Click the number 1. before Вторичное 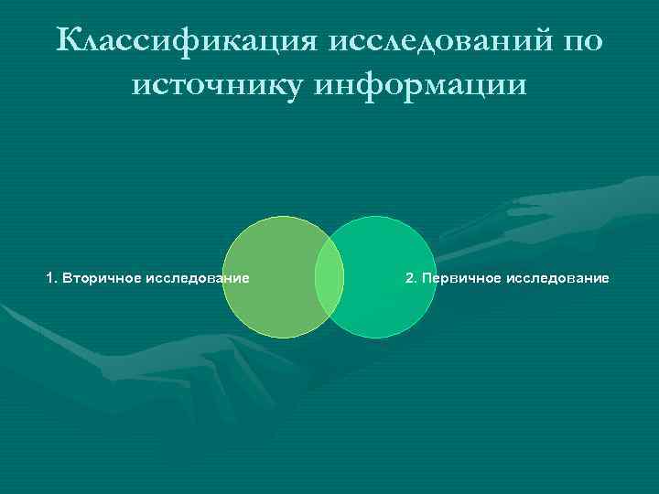[x=51, y=277]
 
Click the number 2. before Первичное [x=411, y=277]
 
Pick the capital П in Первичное [x=425, y=277]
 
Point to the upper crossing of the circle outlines [x=329, y=236]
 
